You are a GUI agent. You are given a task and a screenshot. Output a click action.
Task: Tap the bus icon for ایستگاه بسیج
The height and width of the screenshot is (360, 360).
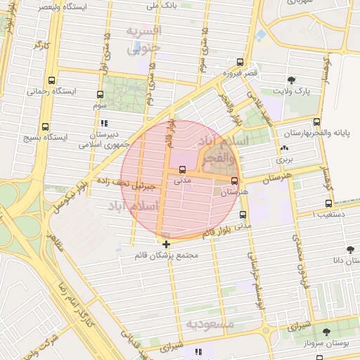click(46, 127)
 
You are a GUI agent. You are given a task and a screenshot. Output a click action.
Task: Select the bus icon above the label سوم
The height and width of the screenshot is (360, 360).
click(99, 94)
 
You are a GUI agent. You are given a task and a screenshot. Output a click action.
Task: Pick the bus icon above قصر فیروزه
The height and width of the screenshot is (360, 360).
click(240, 62)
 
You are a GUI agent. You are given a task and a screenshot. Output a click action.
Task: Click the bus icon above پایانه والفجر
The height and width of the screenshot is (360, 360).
click(316, 122)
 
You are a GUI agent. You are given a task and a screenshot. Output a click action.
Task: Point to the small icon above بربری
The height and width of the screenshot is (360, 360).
click(284, 148)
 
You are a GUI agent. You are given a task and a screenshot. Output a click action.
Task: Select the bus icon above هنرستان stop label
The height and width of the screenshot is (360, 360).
click(244, 180)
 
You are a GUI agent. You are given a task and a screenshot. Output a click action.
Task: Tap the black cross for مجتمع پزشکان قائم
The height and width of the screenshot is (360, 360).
click(166, 244)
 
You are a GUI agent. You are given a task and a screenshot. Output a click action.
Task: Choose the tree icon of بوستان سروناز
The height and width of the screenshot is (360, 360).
click(326, 330)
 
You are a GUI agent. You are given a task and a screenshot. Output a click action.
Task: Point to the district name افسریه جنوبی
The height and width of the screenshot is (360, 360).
click(144, 40)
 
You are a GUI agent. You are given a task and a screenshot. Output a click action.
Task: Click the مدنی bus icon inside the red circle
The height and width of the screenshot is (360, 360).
click(183, 169)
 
